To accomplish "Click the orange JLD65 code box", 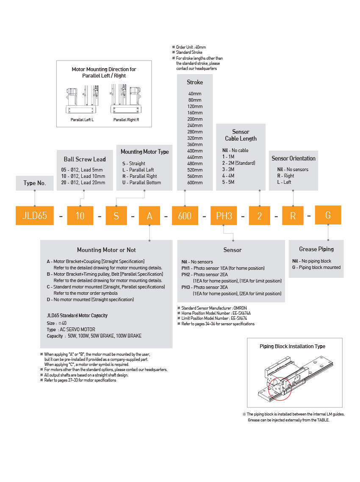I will point(34,216).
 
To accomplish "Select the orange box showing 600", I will point(185,216).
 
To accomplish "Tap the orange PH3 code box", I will point(224,216).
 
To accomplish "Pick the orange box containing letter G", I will point(328,215).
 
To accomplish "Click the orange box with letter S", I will point(116,216).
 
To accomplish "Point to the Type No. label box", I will point(35,183).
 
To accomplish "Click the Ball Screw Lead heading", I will point(85,159).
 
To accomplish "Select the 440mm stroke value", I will point(195,157).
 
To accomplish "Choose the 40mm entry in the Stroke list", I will point(195,94).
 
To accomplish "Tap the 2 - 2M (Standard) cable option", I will point(239,163).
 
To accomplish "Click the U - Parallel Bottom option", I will point(141,183).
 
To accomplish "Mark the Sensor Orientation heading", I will point(294,158).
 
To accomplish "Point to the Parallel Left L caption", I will point(82,120).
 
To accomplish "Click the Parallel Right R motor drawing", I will point(126,100).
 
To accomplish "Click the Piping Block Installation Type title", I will point(292,346).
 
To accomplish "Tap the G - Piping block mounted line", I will point(316,267).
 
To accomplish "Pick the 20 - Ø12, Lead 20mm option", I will point(83,183).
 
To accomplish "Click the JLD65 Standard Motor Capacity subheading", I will point(77,316).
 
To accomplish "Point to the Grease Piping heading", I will point(316,249).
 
